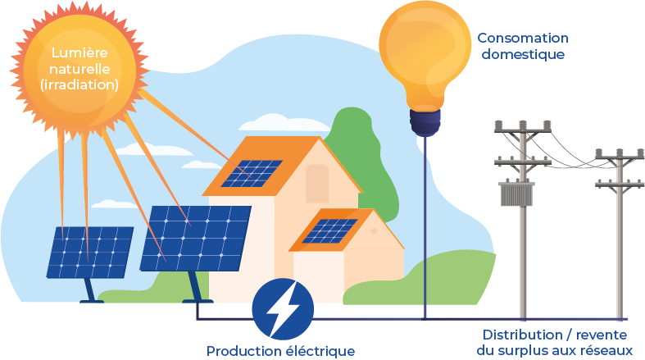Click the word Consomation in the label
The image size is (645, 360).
pyautogui.click(x=523, y=39)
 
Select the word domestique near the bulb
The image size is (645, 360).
pyautogui.click(x=523, y=55)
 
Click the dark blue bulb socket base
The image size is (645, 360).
pyautogui.click(x=424, y=123)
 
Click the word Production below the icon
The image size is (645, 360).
pyautogui.click(x=243, y=351)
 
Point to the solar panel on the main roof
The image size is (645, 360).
pyautogui.click(x=253, y=172)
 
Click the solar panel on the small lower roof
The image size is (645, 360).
pyautogui.click(x=328, y=230)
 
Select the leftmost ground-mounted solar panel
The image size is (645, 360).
pyautogui.click(x=89, y=251)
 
